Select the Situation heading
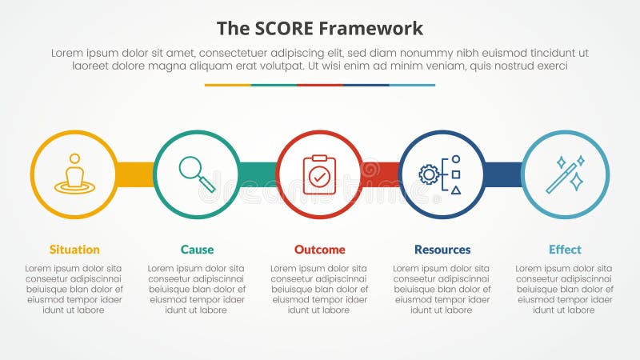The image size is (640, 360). point(74,250)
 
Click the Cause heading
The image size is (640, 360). point(197,250)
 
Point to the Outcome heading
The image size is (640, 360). point(320,250)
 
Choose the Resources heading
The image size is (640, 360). point(442,250)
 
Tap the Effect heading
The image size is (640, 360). point(565,250)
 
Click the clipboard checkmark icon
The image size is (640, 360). point(320,174)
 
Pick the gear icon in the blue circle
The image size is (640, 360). point(430,174)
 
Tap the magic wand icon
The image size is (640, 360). point(565,174)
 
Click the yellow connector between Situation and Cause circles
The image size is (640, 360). point(135,174)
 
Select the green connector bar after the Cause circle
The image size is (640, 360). point(258,174)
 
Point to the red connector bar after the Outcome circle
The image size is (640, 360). point(381,174)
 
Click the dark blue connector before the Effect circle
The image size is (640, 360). point(503,174)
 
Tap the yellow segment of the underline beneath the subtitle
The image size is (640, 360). point(227,85)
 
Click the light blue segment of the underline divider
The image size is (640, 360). point(412,85)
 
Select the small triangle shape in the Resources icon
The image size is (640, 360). point(456,190)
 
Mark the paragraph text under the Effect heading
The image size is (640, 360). point(565,289)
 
